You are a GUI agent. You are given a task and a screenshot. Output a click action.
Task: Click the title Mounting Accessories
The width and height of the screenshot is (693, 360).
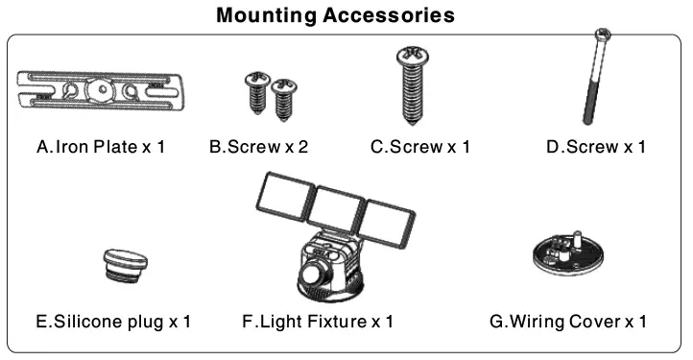(336, 15)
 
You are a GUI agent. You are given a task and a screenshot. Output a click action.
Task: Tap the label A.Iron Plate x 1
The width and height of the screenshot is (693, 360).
(101, 148)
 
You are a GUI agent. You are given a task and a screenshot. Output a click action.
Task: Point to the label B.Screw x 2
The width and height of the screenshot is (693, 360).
(259, 148)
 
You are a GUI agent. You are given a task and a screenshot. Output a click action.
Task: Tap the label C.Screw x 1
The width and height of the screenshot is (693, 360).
(419, 148)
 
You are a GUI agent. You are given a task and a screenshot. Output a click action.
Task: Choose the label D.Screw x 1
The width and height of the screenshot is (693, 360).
(595, 148)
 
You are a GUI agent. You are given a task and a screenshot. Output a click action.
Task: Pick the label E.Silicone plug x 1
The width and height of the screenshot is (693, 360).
(113, 321)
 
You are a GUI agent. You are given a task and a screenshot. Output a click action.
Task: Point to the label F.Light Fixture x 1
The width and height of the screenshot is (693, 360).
(318, 321)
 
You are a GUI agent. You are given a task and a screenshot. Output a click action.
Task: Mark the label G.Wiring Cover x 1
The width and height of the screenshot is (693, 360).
(567, 321)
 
